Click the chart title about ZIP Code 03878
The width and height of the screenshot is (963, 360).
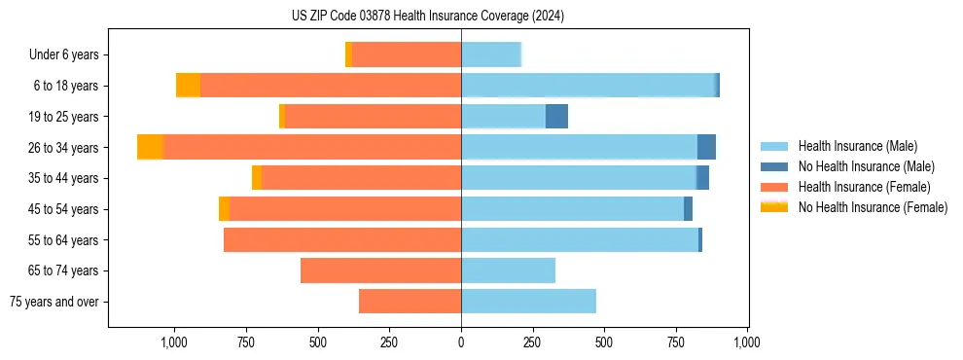[427, 16]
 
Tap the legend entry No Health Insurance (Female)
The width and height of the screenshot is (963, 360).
[873, 207]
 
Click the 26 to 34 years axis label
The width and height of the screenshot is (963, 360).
[64, 148]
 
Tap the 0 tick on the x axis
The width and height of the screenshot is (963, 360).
[461, 342]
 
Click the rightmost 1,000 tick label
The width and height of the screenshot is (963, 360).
[747, 342]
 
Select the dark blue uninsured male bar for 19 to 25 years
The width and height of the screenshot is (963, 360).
[556, 117]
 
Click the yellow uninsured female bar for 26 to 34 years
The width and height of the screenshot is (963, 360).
[150, 147]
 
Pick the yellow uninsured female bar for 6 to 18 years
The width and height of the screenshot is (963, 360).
[188, 86]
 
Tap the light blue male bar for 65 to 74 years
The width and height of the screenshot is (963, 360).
[508, 270]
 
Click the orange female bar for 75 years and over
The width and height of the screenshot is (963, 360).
[410, 302]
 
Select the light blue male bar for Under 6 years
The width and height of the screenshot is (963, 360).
[491, 55]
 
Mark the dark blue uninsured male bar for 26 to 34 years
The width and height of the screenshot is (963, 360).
[706, 147]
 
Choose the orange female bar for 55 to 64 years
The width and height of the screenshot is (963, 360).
[342, 239]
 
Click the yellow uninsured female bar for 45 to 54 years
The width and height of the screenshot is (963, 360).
[224, 209]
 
